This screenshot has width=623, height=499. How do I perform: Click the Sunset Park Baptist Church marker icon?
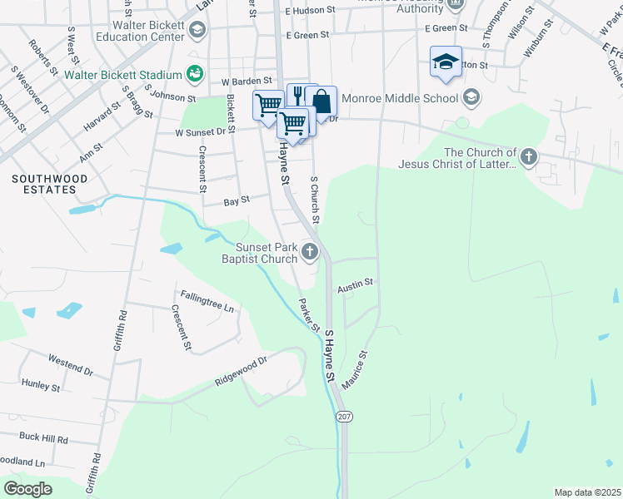pyautogui.click(x=310, y=251)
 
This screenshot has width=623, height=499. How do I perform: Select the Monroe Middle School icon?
pyautogui.click(x=471, y=98)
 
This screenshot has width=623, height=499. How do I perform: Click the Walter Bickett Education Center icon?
pyautogui.click(x=197, y=31)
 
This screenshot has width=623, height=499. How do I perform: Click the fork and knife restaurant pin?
pyautogui.click(x=298, y=96)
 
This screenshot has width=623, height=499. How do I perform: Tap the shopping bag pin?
pyautogui.click(x=321, y=101)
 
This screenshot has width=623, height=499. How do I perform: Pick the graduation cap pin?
pyautogui.click(x=446, y=62)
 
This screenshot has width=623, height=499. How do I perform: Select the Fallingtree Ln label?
pyautogui.click(x=207, y=300)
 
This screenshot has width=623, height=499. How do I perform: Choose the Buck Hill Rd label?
pyautogui.click(x=43, y=437)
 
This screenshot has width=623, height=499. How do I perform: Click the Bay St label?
pyautogui.click(x=237, y=200)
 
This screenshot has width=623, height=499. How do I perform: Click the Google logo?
pyautogui.click(x=27, y=489)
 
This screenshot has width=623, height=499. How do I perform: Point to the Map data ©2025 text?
pyautogui.click(x=586, y=492)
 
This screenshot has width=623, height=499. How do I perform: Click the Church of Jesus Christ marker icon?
pyautogui.click(x=528, y=156)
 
